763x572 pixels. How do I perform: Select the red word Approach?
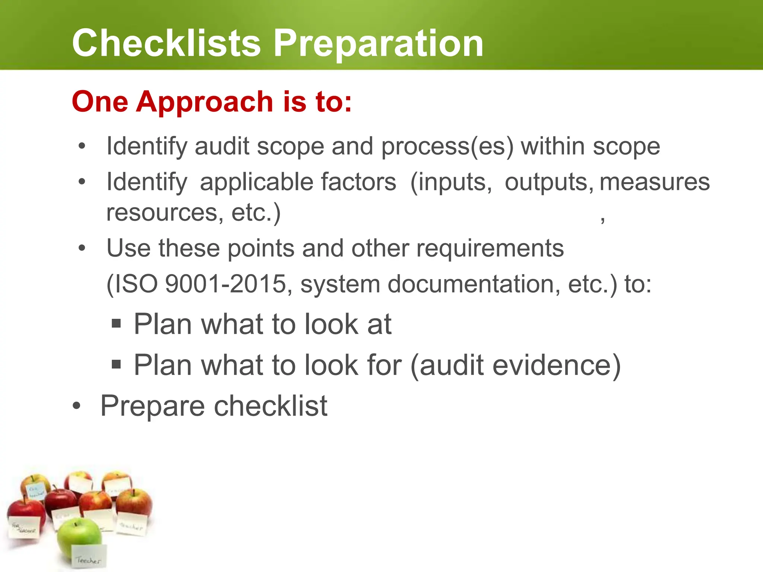pyautogui.click(x=205, y=102)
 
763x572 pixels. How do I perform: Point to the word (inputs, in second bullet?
pyautogui.click(x=451, y=182)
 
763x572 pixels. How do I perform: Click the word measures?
pyautogui.click(x=655, y=182)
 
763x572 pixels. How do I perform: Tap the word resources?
pyautogui.click(x=165, y=213)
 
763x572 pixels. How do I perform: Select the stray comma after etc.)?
pyautogui.click(x=602, y=220)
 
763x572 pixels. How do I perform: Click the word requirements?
pyautogui.click(x=490, y=248)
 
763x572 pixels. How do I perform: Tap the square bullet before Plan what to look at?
pyautogui.click(x=116, y=323)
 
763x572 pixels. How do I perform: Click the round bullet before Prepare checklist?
pyautogui.click(x=76, y=406)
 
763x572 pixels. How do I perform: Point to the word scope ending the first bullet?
pyautogui.click(x=626, y=146)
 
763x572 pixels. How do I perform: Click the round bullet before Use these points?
pyautogui.click(x=82, y=248)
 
